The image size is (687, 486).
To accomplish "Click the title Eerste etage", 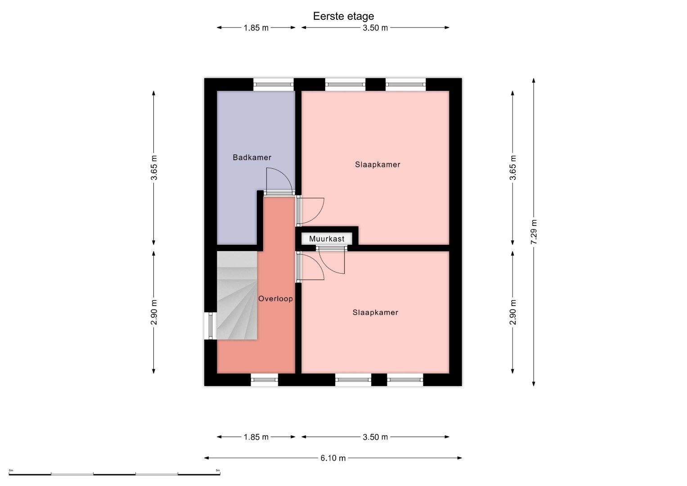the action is (x=343, y=16).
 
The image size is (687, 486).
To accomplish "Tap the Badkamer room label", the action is (x=252, y=157).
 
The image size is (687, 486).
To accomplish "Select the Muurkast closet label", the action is (x=327, y=238).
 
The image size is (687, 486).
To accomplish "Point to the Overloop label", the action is (x=275, y=298).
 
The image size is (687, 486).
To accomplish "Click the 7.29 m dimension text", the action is (x=534, y=232).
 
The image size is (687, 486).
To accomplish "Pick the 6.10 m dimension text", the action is (x=333, y=458).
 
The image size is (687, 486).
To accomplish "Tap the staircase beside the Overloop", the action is (x=237, y=295).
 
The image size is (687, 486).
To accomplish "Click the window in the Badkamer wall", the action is (x=274, y=85).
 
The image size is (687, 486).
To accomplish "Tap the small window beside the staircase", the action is (x=211, y=326).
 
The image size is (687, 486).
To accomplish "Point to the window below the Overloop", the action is (x=265, y=380).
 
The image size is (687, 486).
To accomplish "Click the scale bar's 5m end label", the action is (x=218, y=470).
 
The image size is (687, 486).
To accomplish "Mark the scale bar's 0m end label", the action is (x=11, y=470).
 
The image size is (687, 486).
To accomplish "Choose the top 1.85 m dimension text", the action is (x=256, y=28).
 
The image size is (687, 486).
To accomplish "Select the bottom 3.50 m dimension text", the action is (x=375, y=437).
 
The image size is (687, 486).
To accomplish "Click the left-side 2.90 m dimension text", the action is (x=154, y=312).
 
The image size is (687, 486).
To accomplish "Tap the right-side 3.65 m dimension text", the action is (x=512, y=168).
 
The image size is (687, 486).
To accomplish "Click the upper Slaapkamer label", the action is (x=377, y=165).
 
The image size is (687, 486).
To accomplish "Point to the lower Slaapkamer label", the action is (x=375, y=312).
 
